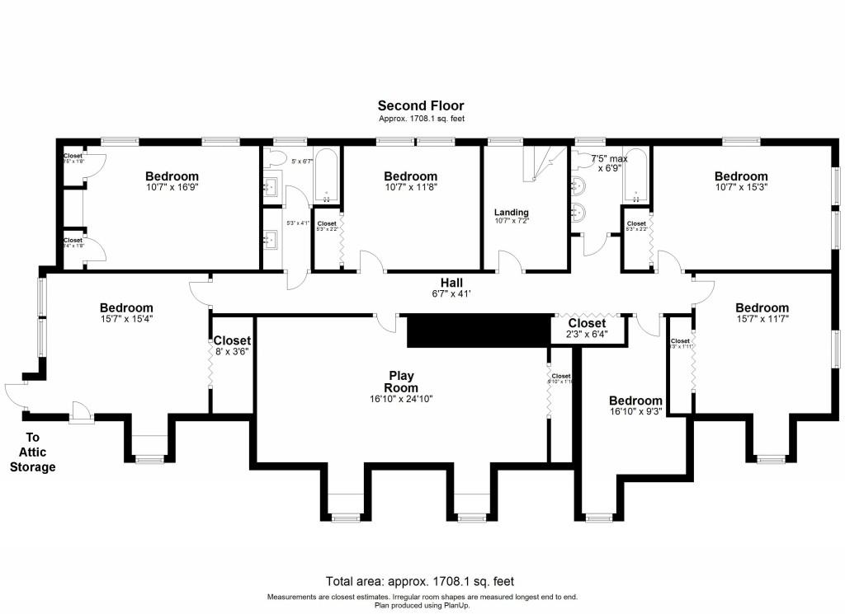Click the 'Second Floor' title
(421, 105)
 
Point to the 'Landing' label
(511, 213)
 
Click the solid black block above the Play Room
(479, 330)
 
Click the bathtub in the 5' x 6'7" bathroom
(325, 175)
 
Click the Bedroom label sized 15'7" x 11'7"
(762, 308)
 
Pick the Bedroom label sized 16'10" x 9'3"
(635, 401)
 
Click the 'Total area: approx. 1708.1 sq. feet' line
(421, 581)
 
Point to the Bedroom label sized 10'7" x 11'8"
(410, 176)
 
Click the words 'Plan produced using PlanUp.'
(422, 605)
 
